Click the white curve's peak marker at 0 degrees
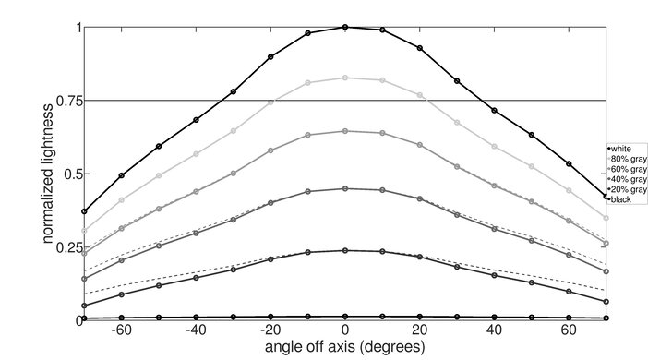[345, 27]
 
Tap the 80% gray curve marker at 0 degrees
[345, 78]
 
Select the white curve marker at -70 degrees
[85, 211]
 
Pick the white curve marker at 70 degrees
[606, 197]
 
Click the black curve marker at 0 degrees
[345, 317]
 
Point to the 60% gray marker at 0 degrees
[345, 131]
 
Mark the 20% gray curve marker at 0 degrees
[345, 250]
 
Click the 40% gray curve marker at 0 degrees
[345, 188]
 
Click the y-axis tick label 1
[75, 28]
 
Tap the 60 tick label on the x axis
[569, 330]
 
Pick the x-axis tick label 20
[420, 330]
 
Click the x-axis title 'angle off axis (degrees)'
[344, 348]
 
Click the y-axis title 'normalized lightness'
[46, 174]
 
